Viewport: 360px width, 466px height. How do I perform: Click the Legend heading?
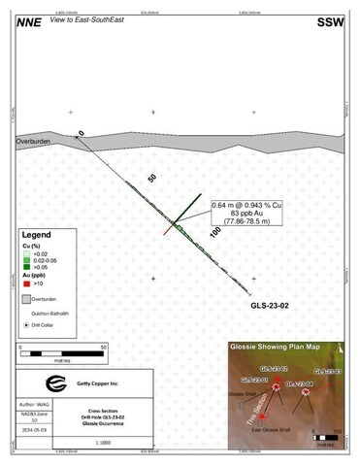pyautogui.click(x=43, y=238)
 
